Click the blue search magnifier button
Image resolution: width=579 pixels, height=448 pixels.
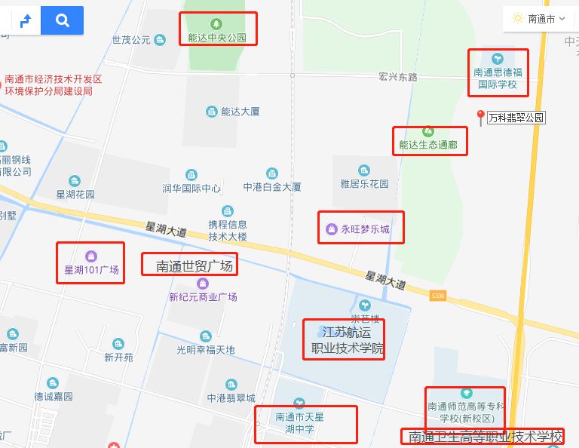click(62, 20)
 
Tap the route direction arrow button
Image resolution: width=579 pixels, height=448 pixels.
click(25, 20)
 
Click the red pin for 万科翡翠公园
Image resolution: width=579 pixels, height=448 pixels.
click(480, 118)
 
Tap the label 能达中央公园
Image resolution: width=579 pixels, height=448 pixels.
click(217, 37)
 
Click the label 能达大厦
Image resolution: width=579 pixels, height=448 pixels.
click(240, 112)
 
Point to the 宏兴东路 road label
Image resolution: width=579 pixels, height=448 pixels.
click(398, 77)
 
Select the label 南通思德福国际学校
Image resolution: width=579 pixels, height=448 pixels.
click(498, 78)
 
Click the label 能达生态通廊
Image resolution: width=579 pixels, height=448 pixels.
click(428, 144)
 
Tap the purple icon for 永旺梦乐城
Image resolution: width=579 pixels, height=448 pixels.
click(330, 229)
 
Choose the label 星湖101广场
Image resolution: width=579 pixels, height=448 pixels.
click(91, 269)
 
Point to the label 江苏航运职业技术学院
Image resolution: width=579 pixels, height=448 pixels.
click(343, 340)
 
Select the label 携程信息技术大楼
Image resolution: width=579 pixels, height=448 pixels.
click(228, 230)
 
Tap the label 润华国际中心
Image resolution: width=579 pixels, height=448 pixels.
click(191, 188)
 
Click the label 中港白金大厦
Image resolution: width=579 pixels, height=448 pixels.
click(272, 186)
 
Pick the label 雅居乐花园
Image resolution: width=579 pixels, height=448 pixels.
click(364, 183)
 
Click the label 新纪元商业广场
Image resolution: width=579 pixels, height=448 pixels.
click(203, 296)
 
